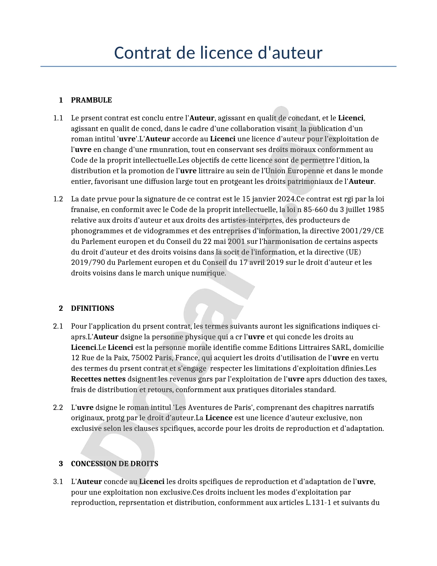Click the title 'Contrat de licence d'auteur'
pyautogui.click(x=218, y=53)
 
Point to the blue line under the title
pyautogui.click(x=218, y=66)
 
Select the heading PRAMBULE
pyautogui.click(x=91, y=100)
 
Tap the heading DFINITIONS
pyautogui.click(x=93, y=308)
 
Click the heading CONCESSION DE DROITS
pyautogui.click(x=114, y=464)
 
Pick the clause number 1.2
pyautogui.click(x=58, y=199)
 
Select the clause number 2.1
pyautogui.click(x=58, y=326)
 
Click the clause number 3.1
pyautogui.click(x=58, y=482)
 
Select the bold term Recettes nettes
pyautogui.click(x=98, y=379)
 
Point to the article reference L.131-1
pyautogui.click(x=318, y=503)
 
